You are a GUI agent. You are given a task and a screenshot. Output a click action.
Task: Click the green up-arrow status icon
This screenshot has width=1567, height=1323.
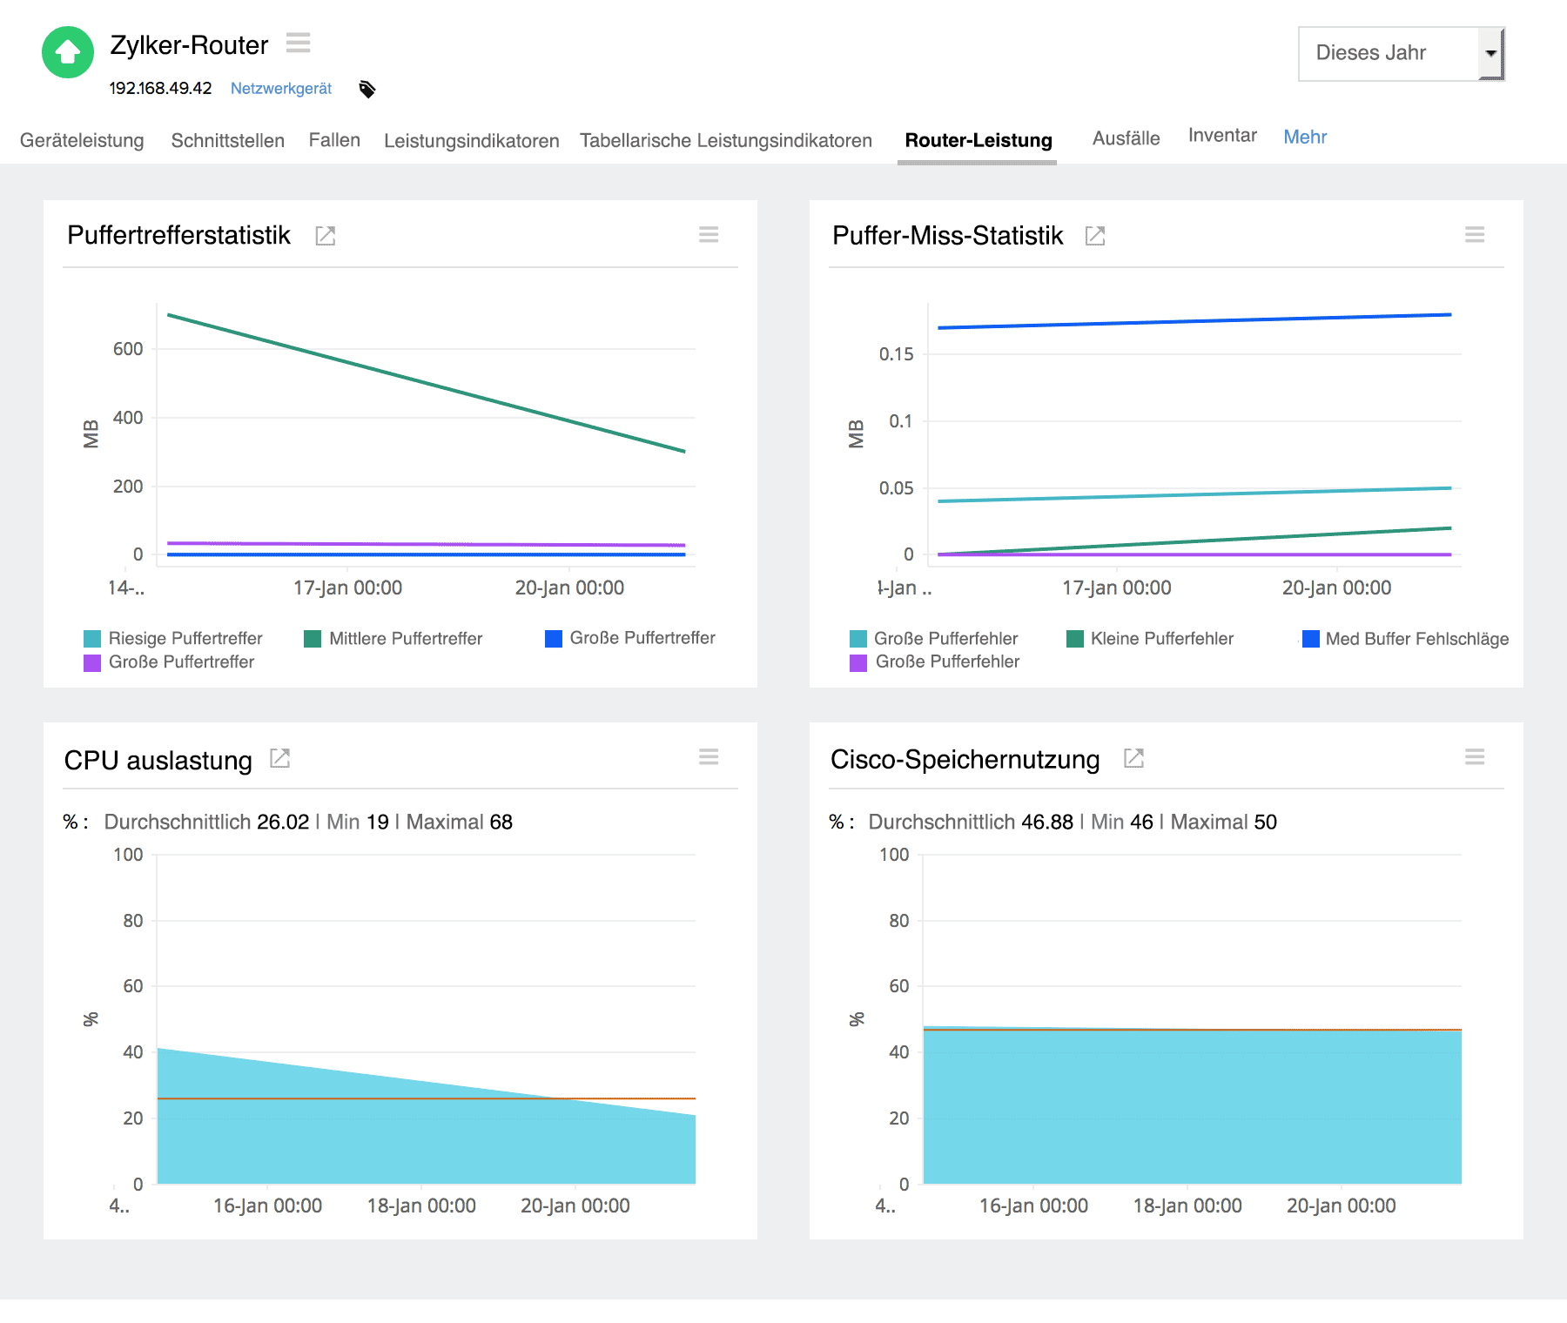[x=68, y=52]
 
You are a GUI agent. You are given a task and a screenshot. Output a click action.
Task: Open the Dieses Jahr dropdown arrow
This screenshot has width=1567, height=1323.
[x=1490, y=53]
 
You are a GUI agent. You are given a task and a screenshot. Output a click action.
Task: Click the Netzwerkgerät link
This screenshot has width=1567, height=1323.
[x=280, y=89]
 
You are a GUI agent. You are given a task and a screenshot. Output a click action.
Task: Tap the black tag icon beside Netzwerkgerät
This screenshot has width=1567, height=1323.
[x=367, y=89]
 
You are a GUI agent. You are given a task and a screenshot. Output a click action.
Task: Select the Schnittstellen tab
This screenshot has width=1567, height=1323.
[x=227, y=140]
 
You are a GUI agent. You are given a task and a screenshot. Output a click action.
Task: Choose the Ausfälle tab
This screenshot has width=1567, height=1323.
[x=1126, y=138]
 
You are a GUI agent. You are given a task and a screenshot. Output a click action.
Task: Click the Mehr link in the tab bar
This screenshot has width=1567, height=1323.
[x=1304, y=137]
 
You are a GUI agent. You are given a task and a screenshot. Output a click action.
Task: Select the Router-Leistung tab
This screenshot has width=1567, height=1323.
[x=978, y=140]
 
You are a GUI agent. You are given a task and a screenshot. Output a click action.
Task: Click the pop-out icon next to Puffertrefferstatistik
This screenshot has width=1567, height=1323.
[x=325, y=236]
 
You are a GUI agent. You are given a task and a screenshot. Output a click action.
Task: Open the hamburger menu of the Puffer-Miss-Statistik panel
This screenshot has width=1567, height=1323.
[x=1474, y=235]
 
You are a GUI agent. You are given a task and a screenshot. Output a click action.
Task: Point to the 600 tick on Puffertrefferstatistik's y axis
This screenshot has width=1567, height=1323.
[x=128, y=349]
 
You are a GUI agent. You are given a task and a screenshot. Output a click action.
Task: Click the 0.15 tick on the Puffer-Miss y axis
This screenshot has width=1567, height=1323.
[x=896, y=354]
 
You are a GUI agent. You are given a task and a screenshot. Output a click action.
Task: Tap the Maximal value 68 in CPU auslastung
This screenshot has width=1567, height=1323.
[x=501, y=822]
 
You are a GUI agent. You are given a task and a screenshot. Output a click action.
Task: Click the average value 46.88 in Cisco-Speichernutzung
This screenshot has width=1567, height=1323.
[x=1046, y=822]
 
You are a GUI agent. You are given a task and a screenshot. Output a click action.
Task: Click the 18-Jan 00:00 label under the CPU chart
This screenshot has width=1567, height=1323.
[x=421, y=1205]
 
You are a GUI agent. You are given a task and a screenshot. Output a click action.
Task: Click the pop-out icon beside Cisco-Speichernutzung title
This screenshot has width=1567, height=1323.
[x=1133, y=758]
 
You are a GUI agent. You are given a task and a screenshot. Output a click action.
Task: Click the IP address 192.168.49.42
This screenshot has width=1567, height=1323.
[x=160, y=89]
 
